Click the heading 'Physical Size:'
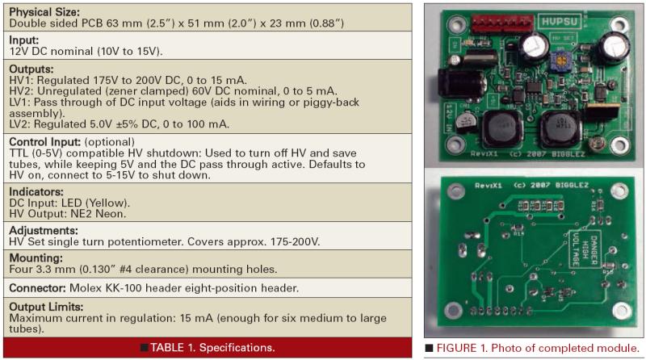[44, 12]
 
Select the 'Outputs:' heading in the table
[31, 69]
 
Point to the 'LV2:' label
[19, 124]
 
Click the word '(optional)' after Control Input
[109, 142]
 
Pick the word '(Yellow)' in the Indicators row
[108, 203]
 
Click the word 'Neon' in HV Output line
[111, 214]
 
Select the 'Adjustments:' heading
[44, 230]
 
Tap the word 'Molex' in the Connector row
[85, 288]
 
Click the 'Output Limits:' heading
[46, 307]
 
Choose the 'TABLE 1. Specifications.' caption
[212, 348]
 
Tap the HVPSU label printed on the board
[560, 22]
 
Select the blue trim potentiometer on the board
[560, 61]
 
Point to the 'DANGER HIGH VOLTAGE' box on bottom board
[585, 249]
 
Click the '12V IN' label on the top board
[449, 118]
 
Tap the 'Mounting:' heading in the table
[36, 257]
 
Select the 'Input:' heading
[24, 40]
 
